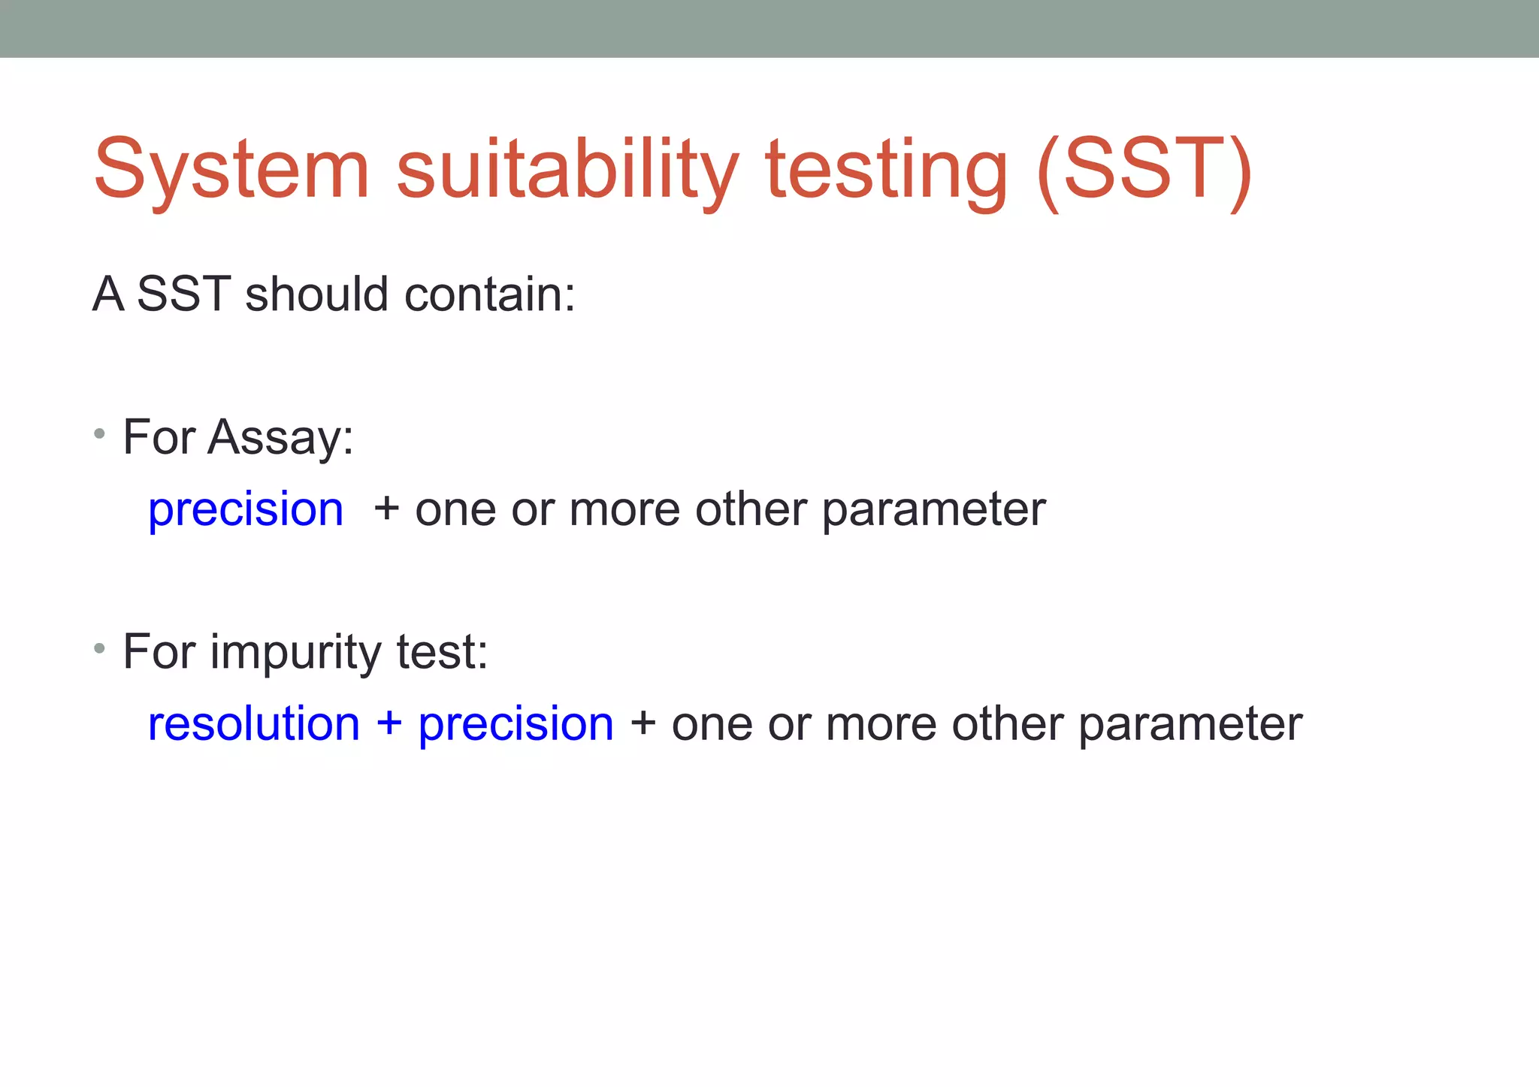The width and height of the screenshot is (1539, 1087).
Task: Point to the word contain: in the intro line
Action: (x=489, y=294)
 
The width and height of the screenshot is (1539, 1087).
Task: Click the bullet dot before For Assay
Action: (x=99, y=433)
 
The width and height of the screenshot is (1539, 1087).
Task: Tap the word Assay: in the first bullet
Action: (x=280, y=437)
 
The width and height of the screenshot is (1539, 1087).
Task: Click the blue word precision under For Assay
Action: (x=246, y=509)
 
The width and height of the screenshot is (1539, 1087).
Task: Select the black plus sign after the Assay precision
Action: (x=386, y=508)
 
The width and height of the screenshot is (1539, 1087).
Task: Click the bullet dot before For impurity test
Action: (x=99, y=648)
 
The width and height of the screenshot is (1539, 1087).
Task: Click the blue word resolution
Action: (x=254, y=724)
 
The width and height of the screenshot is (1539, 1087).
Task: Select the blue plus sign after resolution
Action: (x=389, y=723)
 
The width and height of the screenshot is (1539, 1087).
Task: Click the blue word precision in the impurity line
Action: (x=516, y=724)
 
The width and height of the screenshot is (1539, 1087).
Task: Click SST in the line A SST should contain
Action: (x=183, y=294)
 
